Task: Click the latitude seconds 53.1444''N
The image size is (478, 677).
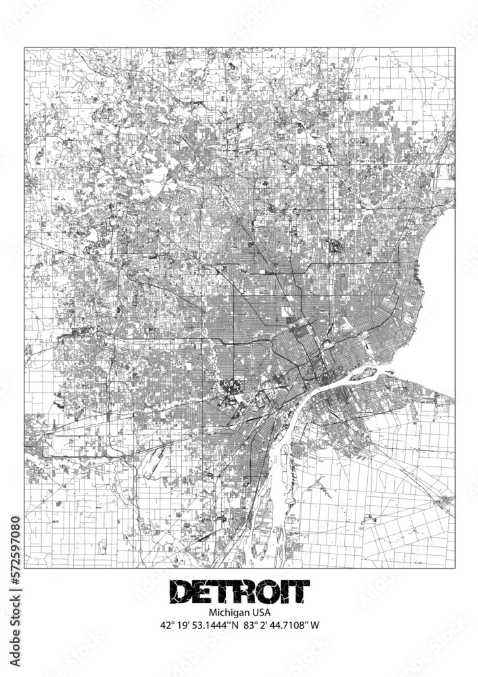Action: [218, 626]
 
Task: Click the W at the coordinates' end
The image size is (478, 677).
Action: [314, 626]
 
